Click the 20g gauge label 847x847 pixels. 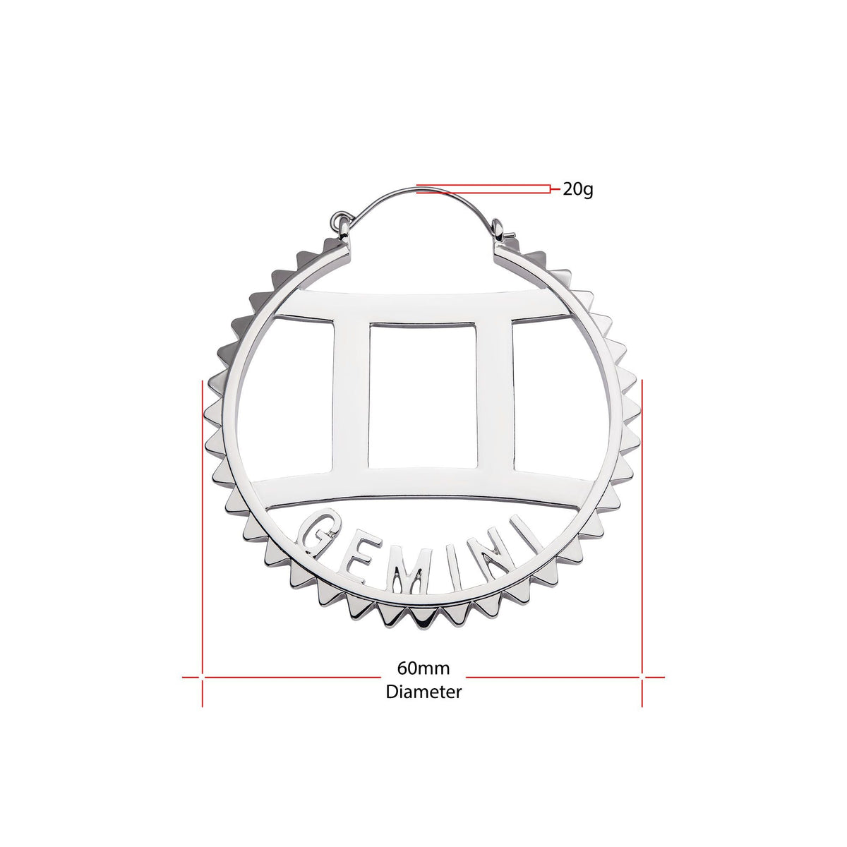tap(577, 190)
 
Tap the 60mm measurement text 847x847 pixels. tap(423, 668)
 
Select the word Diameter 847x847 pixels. tap(423, 692)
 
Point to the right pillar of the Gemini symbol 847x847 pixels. tap(495, 395)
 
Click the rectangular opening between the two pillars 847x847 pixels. tap(422, 395)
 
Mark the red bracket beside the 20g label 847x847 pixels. tap(549, 188)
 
